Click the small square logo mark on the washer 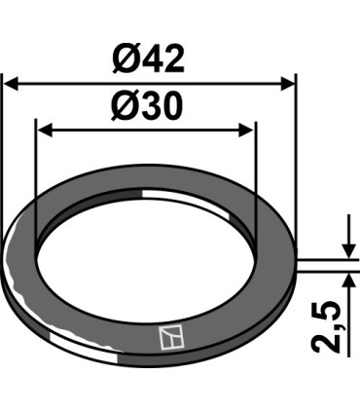[169, 337]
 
